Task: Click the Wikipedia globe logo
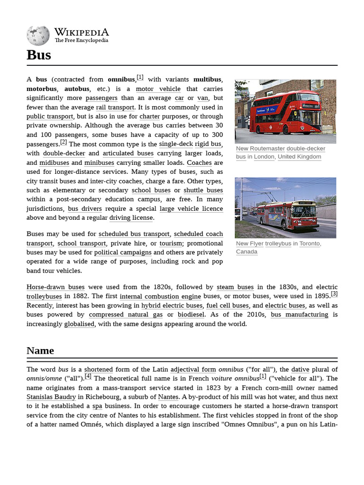point(38,35)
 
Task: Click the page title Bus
point(39,55)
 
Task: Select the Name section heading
point(40,350)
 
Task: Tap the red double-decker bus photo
point(285,111)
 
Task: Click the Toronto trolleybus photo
point(285,207)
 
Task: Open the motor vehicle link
point(158,89)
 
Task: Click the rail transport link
point(115,108)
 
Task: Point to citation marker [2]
point(64,143)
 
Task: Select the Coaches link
point(199,162)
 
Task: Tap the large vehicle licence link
point(191,209)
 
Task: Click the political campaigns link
point(123,252)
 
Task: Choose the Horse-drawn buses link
point(55,287)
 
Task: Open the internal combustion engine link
point(160,296)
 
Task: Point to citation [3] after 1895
point(334,294)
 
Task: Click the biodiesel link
point(191,314)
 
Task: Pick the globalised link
point(79,324)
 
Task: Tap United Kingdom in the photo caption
point(299,157)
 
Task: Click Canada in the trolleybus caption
point(246,251)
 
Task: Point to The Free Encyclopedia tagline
point(81,41)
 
